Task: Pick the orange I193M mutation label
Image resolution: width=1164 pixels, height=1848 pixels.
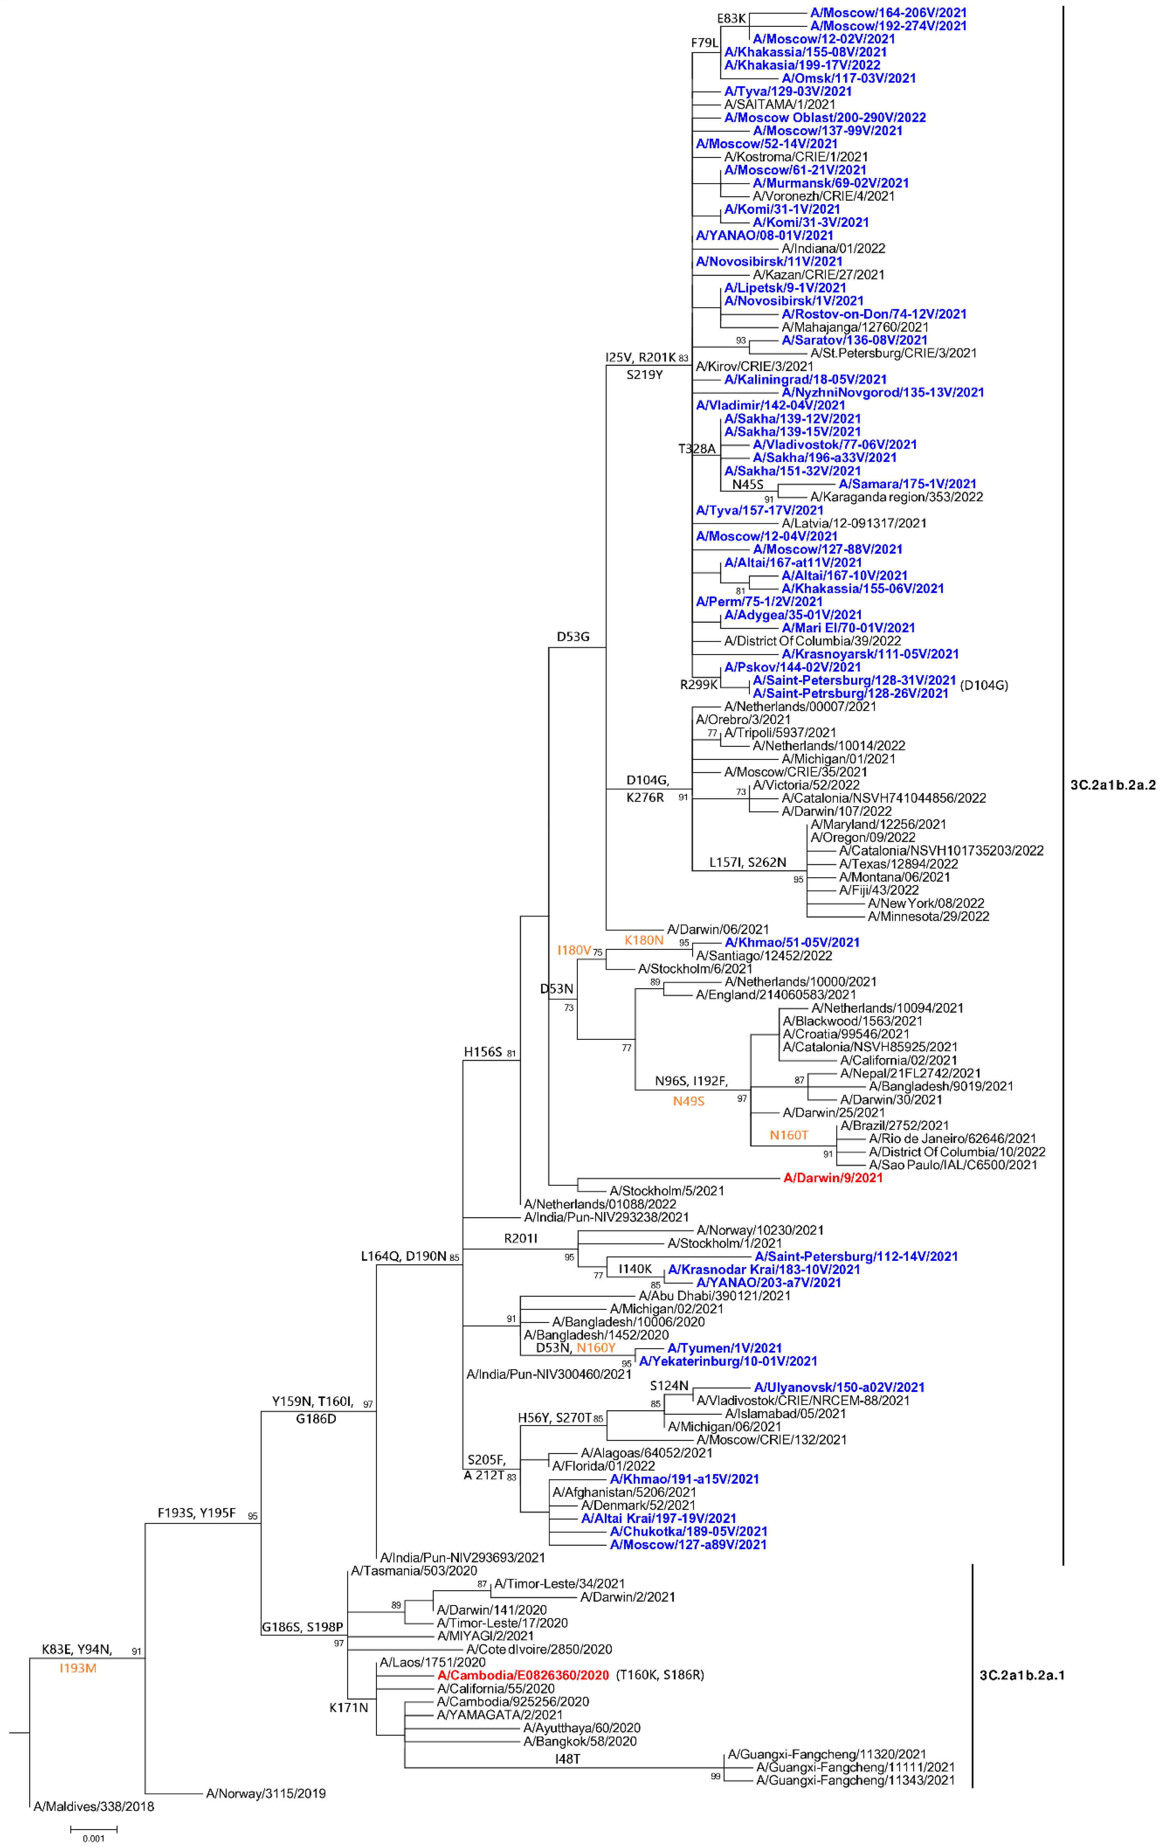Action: click(x=78, y=1668)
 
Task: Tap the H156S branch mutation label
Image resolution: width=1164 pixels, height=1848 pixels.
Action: click(x=483, y=1052)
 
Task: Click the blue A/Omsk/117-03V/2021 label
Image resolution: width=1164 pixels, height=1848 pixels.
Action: click(x=849, y=78)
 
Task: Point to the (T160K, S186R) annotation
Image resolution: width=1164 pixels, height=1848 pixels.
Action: click(x=660, y=1675)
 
